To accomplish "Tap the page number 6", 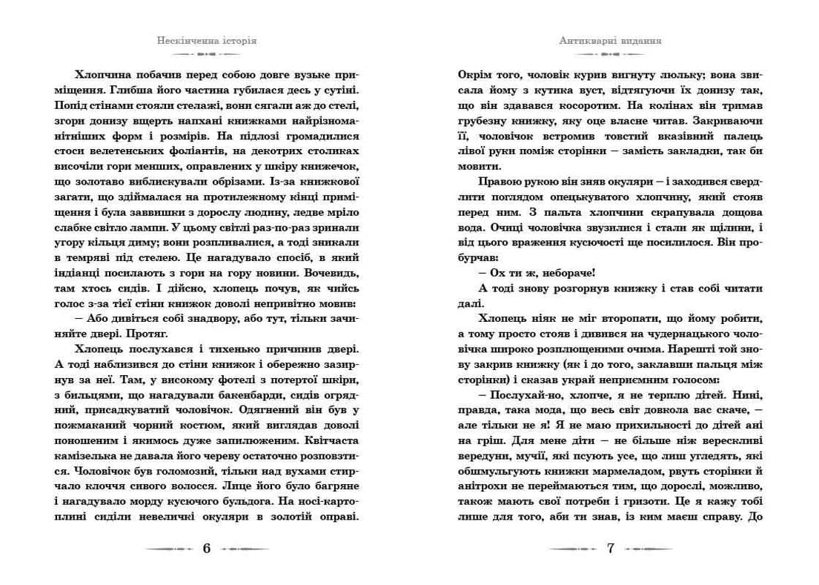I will coord(207,549).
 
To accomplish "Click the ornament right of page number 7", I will coord(648,549).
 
